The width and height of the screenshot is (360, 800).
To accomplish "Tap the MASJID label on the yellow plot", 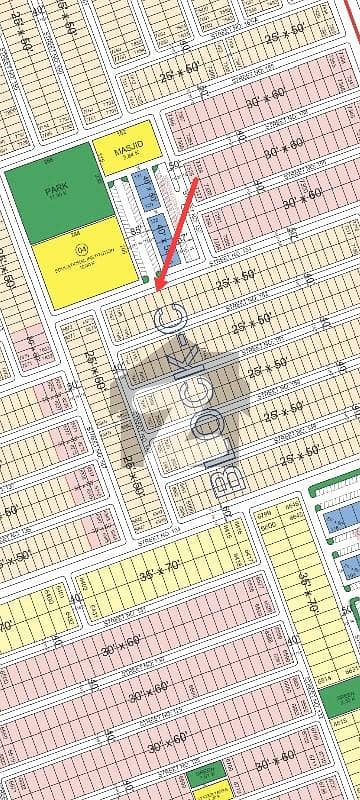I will click(125, 146).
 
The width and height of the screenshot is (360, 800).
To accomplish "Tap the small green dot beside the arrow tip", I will click(148, 279).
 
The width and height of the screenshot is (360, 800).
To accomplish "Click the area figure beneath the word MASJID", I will click(125, 157).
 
